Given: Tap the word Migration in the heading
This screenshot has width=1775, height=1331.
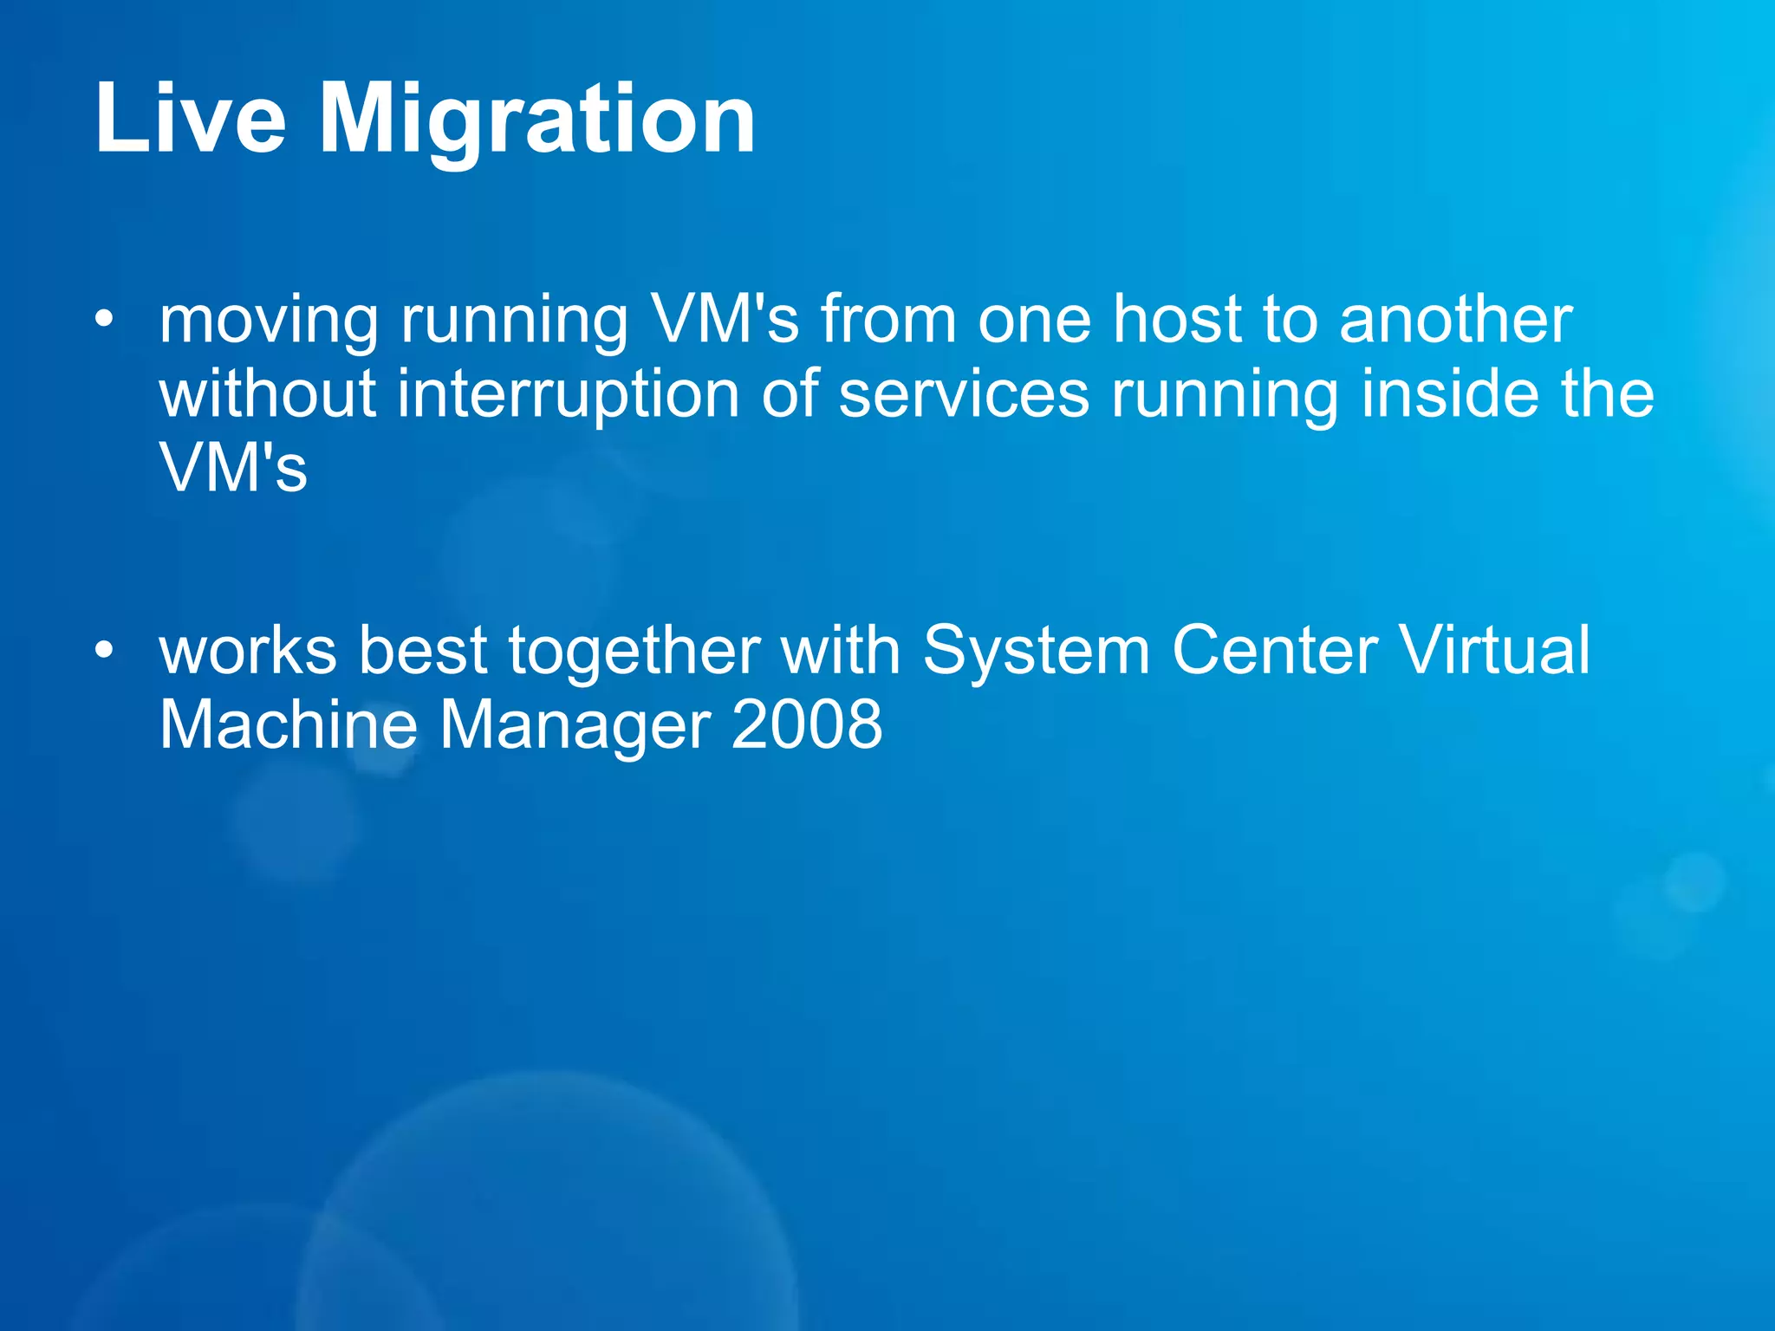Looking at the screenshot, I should point(538,121).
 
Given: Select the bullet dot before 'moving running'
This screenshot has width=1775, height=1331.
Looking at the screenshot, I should point(104,320).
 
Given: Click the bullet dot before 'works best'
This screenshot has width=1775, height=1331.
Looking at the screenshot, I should point(104,650).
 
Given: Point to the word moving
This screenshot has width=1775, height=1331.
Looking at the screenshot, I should point(269,321).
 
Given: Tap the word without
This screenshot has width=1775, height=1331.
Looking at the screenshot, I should point(268,393).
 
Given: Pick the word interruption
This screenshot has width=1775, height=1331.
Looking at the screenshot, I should point(569,395).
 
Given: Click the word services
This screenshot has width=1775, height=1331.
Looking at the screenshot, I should point(964,393).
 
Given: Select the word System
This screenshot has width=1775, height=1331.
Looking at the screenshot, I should point(1036,652).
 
